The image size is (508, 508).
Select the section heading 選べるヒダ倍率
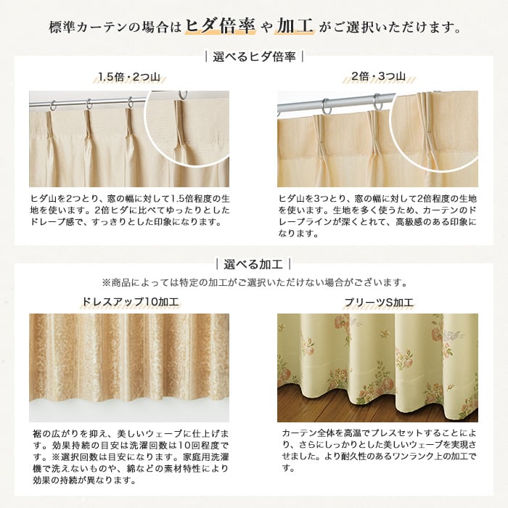[254, 57]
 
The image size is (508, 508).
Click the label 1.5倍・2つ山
[129, 77]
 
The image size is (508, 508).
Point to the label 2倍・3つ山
[378, 76]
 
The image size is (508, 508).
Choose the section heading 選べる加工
[253, 264]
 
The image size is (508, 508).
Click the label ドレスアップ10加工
[130, 302]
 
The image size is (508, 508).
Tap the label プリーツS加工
[379, 303]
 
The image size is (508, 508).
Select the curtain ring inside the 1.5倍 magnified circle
[184, 95]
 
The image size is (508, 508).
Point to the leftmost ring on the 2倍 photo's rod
[327, 107]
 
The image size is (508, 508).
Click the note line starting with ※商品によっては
[254, 282]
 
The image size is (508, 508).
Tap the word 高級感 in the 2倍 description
[409, 222]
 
